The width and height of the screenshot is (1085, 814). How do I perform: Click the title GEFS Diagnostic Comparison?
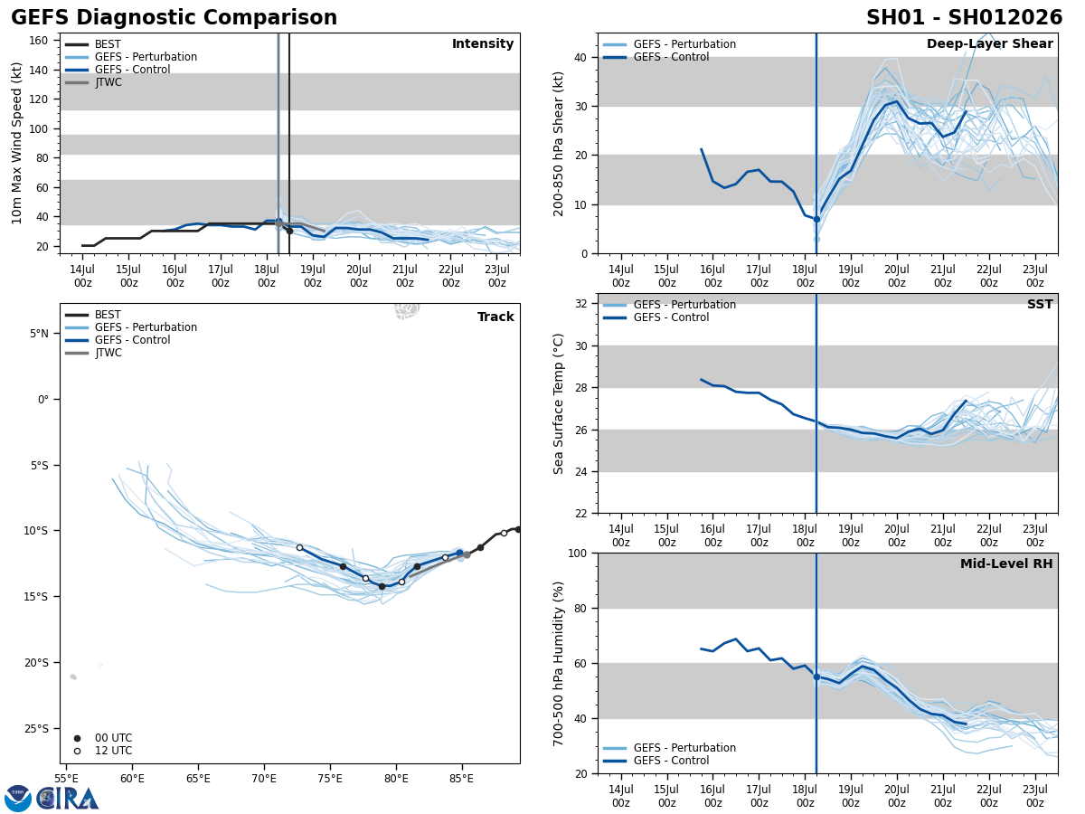(174, 18)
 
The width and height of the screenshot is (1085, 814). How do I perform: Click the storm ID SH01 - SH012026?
(964, 18)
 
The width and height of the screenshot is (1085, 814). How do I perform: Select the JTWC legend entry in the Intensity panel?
(108, 82)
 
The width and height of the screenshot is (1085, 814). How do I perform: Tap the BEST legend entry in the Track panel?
(108, 315)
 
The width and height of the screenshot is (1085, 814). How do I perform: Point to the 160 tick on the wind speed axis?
(39, 41)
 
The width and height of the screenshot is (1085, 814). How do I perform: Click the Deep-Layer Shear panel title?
(989, 44)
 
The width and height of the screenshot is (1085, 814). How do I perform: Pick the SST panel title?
(1039, 305)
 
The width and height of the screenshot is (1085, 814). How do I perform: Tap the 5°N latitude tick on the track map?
(39, 334)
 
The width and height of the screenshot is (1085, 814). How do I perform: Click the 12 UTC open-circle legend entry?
(113, 751)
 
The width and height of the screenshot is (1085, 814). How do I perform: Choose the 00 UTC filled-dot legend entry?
(113, 738)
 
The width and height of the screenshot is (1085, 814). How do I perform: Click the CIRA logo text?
(68, 799)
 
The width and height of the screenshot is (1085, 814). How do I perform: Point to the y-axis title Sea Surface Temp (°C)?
(559, 403)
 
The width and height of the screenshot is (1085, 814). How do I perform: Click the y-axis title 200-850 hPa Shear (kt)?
(559, 144)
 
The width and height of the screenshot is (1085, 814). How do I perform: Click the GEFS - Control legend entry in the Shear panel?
(671, 57)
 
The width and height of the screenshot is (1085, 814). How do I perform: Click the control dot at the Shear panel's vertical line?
(816, 219)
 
